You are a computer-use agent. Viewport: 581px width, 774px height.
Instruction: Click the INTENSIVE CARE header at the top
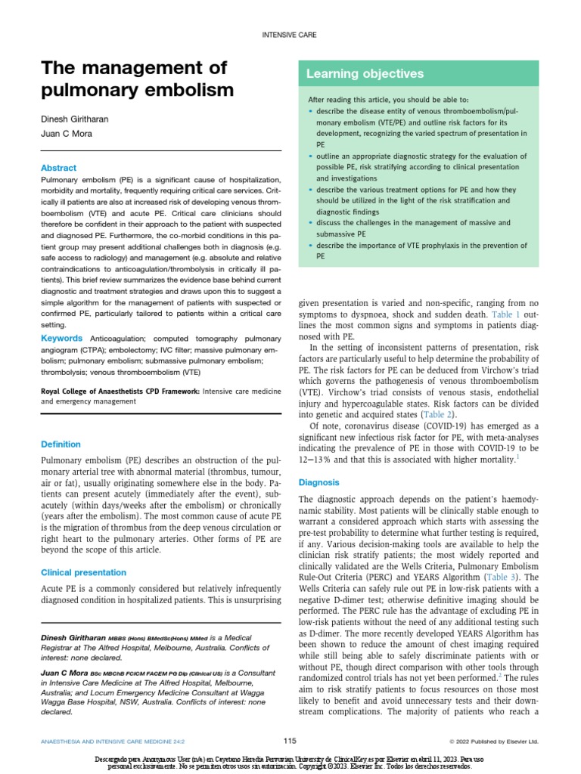(x=289, y=35)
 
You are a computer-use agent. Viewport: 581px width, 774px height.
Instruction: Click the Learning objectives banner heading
(x=365, y=73)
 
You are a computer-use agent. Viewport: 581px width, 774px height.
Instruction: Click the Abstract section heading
(x=58, y=168)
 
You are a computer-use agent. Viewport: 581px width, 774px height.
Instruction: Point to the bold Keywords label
(x=61, y=338)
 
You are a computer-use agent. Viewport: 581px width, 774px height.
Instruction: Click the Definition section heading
(x=61, y=444)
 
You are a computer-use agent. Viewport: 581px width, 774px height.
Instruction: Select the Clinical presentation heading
(x=83, y=572)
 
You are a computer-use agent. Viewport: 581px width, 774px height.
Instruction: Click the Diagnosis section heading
(x=319, y=481)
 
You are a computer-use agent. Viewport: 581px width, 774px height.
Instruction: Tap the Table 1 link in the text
(x=507, y=314)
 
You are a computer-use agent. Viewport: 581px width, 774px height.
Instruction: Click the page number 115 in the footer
(x=290, y=740)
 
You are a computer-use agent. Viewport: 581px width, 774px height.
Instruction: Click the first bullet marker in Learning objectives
(x=311, y=111)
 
